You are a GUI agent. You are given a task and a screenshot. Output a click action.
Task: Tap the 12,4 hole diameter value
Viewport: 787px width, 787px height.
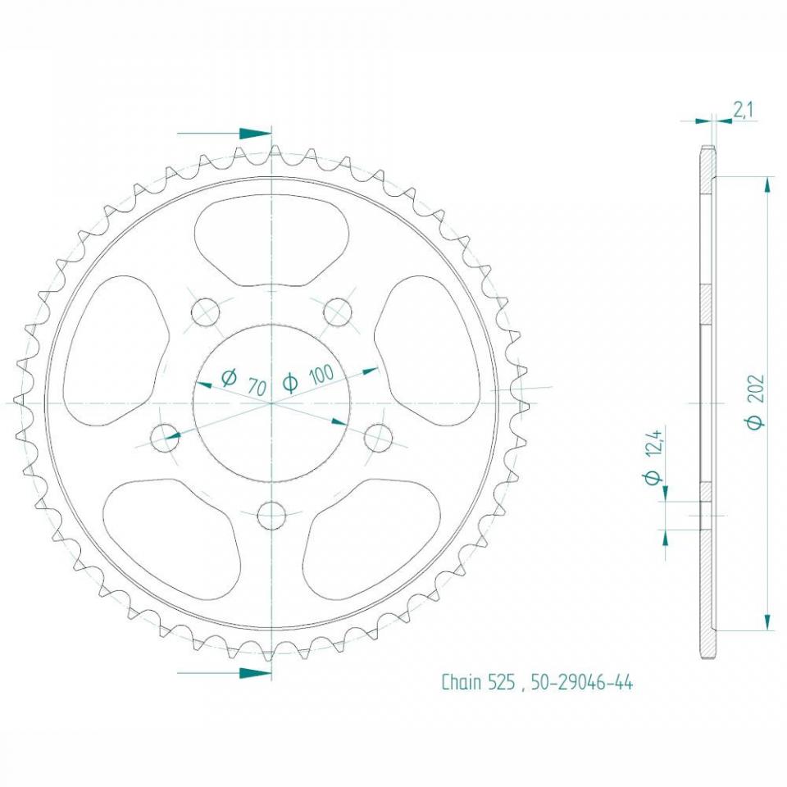653,447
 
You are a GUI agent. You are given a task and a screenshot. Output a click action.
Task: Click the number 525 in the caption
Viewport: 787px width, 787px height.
501,682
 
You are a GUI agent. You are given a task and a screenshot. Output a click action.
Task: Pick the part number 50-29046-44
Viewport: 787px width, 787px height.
582,682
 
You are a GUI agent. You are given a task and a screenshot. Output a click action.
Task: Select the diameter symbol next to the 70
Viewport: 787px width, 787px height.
229,377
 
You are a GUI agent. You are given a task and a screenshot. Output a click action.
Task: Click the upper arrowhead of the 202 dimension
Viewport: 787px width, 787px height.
767,184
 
